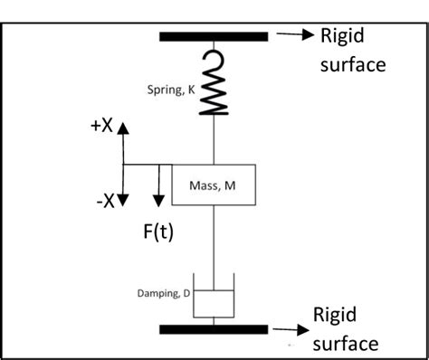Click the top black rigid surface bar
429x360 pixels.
[214, 36]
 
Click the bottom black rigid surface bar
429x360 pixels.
[214, 327]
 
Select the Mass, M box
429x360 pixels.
[214, 185]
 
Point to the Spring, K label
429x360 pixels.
[171, 90]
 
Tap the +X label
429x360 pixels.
[101, 127]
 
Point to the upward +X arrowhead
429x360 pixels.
[124, 128]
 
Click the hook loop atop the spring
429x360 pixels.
[214, 61]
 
